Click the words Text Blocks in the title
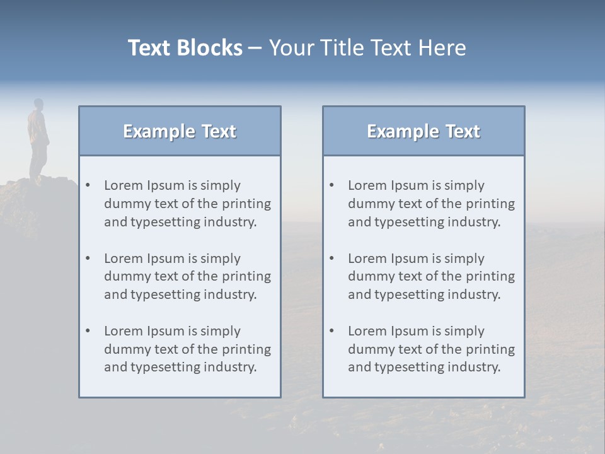185,48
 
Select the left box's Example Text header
180,131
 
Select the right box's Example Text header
423,131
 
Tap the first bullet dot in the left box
88,185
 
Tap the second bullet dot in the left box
88,259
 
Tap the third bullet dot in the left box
88,331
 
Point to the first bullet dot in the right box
332,185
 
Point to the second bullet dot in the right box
332,259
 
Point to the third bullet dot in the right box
332,331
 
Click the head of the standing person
38,104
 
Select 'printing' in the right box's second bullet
492,276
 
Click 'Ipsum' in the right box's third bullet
411,331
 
